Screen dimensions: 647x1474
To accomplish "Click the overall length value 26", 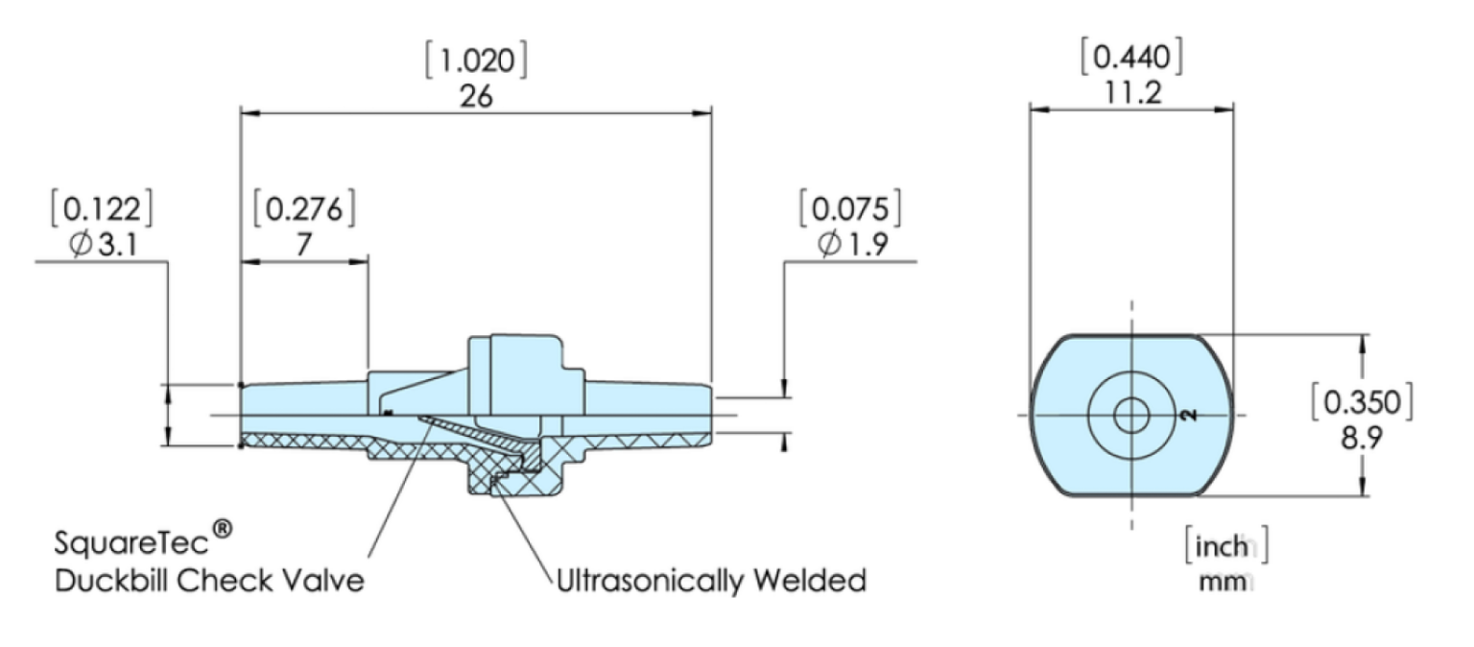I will pos(476,96).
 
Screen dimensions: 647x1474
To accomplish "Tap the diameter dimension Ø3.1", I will pos(106,245).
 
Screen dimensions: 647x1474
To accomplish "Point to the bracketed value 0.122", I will pos(106,210).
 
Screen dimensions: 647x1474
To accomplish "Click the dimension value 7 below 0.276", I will pos(303,245).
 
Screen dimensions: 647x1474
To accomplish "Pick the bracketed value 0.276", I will pos(303,210).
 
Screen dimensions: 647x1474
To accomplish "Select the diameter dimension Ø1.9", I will pos(852,245).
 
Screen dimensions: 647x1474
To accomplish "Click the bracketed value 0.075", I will pos(852,210).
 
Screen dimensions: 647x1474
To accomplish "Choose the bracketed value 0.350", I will pos(1362,403).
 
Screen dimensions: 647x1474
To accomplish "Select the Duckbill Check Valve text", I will pos(209,581).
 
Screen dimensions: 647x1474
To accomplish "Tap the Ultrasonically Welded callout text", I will pos(711,581).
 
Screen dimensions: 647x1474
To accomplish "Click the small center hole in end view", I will pos(1131,416).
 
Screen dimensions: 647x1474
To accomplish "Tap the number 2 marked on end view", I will pos(1188,415).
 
